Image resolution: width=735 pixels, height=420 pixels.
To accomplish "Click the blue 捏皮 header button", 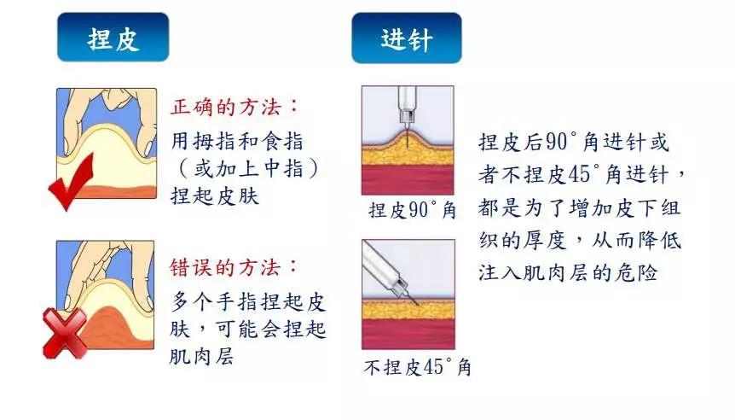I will [113, 38].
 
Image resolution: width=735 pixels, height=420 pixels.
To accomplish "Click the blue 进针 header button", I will [407, 38].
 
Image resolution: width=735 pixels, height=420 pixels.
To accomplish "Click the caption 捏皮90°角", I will [412, 210].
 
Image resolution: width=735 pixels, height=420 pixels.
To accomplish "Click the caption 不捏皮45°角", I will [417, 368].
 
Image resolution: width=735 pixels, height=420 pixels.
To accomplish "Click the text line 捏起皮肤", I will [215, 195].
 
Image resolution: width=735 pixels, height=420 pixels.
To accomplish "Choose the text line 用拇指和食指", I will [237, 140].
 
